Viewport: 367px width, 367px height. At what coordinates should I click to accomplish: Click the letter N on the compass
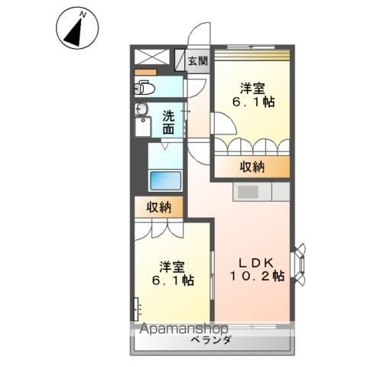(83, 15)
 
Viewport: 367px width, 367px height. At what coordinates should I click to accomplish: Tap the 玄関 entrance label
(198, 61)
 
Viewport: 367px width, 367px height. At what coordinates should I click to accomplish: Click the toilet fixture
(145, 88)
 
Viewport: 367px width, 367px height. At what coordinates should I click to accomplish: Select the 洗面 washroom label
(169, 123)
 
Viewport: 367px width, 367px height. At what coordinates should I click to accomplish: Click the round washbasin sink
(141, 109)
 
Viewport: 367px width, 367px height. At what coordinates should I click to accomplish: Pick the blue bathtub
(166, 180)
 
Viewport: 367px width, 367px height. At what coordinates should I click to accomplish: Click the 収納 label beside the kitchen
(252, 167)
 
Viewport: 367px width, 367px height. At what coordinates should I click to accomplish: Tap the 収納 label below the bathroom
(159, 208)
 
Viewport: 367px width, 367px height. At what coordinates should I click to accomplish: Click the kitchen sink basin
(248, 192)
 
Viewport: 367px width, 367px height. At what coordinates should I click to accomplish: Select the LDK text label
(256, 262)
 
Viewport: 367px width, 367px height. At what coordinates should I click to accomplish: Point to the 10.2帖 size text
(257, 276)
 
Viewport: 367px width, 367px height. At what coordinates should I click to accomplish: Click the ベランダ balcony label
(211, 339)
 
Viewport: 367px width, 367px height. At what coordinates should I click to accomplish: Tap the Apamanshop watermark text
(183, 329)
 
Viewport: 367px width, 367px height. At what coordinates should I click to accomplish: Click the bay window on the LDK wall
(300, 265)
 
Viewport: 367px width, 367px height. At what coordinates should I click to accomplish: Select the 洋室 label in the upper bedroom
(252, 88)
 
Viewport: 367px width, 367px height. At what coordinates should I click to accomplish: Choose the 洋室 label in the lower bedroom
(172, 267)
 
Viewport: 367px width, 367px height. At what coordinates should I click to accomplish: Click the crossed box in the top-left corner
(151, 57)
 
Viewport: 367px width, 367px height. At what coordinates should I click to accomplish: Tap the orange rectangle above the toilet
(145, 72)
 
